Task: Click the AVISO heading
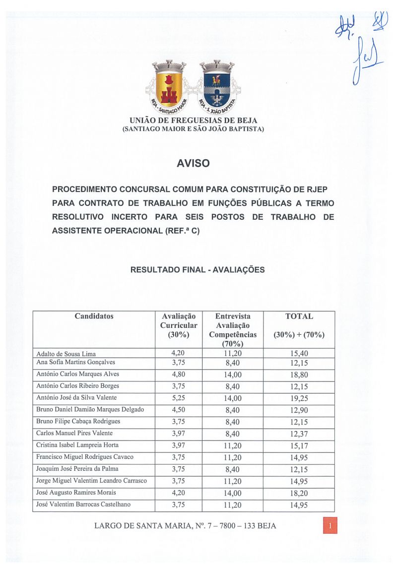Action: pos(193,163)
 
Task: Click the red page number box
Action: pos(330,525)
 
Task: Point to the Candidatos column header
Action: pos(94,316)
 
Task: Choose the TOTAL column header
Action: pos(299,316)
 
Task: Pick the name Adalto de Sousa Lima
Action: pos(66,354)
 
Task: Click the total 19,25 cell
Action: pos(299,398)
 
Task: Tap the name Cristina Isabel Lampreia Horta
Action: pos(77,445)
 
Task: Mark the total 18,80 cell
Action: pos(299,375)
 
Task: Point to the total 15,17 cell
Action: pos(299,445)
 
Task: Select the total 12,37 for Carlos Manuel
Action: pos(299,434)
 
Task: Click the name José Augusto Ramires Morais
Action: pos(76,493)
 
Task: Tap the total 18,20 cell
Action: pos(299,493)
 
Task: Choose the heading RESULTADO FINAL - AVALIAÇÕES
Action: pos(197,270)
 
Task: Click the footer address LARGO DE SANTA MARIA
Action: pos(185,526)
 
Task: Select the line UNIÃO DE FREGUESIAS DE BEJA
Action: pos(193,121)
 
